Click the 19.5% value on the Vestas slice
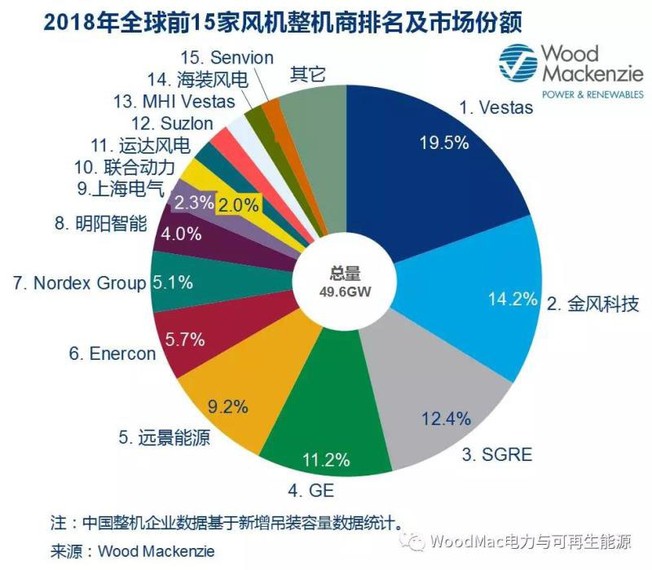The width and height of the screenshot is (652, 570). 445,142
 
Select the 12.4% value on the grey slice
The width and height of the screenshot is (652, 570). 446,419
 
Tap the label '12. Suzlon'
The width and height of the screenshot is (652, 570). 172,125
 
